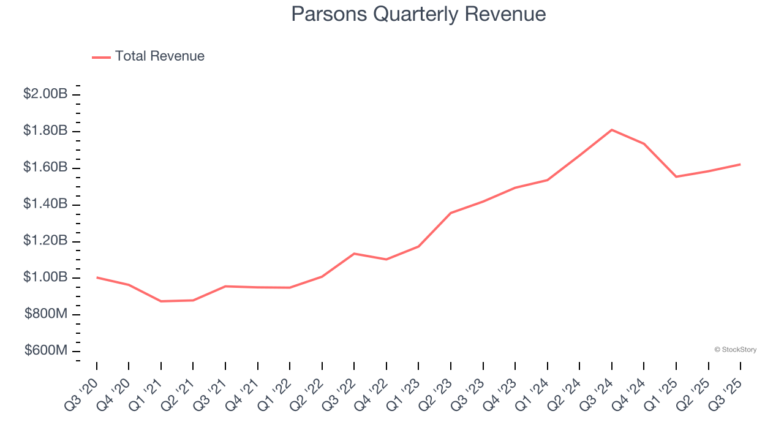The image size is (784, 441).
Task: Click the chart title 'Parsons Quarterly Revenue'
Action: tap(418, 13)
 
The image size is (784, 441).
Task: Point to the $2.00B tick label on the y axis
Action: tap(45, 94)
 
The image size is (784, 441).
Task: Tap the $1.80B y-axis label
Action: tap(45, 131)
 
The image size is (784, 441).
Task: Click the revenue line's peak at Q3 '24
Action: tap(612, 130)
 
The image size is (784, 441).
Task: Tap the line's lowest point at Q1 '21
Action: tap(161, 301)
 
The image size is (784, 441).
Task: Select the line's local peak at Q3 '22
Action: tap(354, 254)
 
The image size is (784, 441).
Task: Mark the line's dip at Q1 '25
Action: tap(676, 176)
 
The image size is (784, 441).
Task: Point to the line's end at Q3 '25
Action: tap(740, 164)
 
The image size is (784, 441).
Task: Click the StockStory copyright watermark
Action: tap(735, 350)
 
